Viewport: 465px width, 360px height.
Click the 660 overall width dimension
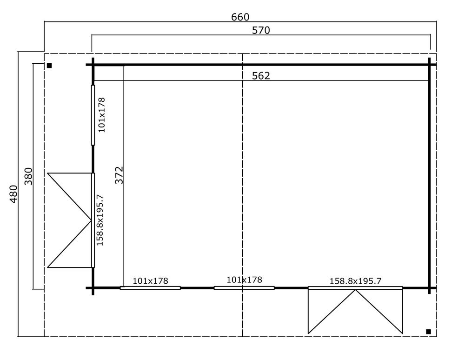click(240, 17)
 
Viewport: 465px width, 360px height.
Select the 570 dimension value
click(261, 30)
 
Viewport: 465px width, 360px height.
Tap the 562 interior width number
click(261, 76)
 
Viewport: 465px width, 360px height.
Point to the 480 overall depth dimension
click(13, 193)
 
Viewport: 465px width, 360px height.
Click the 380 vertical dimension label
click(29, 176)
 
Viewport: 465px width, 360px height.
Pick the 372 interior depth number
click(119, 175)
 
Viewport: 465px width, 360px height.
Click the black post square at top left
click(49, 66)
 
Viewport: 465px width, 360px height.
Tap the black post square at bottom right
click(428, 331)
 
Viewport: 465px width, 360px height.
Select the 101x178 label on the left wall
click(102, 114)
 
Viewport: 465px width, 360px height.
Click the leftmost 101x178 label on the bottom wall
click(150, 280)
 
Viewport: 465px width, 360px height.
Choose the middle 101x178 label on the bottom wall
click(244, 280)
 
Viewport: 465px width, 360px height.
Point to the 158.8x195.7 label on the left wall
click(100, 220)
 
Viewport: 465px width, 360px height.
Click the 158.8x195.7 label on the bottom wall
click(355, 280)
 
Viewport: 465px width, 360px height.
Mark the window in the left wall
click(93, 114)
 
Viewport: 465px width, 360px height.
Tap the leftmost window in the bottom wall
click(150, 288)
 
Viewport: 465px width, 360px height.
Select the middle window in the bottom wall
click(244, 288)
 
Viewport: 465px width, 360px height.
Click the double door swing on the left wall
click(70, 220)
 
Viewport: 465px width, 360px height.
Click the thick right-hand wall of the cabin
click(430, 177)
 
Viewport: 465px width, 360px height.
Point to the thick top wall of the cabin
click(260, 65)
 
